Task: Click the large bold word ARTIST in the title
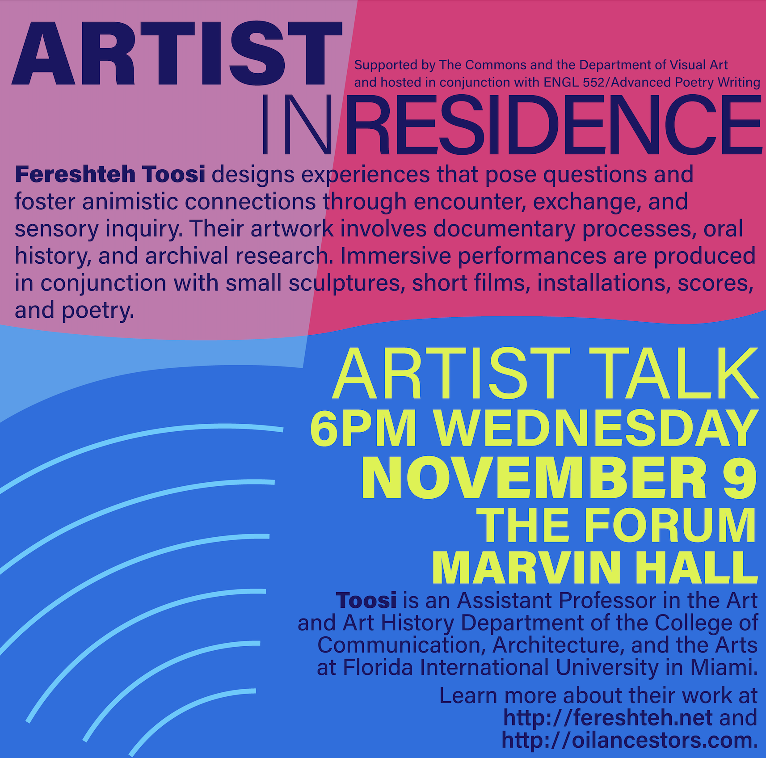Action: point(177,53)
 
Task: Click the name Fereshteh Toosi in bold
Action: point(110,174)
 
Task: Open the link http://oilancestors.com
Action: point(627,740)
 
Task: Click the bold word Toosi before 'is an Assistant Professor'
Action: point(366,600)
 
